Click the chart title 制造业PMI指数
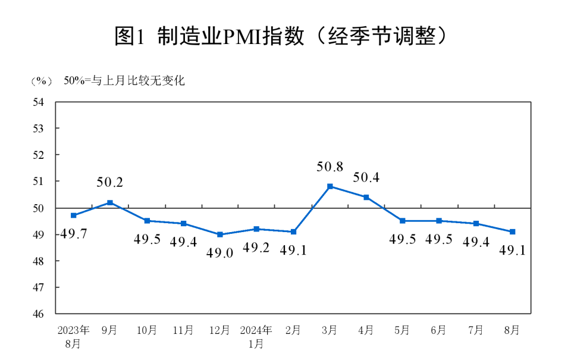click(280, 37)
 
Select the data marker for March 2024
click(330, 186)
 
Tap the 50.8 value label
click(330, 167)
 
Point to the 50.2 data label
click(110, 183)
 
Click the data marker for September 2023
click(110, 202)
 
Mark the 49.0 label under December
click(220, 252)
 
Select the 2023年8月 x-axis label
click(73, 336)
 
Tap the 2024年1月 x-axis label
click(256, 336)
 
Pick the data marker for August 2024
click(513, 231)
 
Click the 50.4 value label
click(366, 177)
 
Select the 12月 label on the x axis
click(220, 330)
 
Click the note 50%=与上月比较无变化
click(124, 81)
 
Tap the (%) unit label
click(41, 81)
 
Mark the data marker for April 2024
click(366, 197)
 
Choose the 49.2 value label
click(256, 248)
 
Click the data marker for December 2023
click(220, 234)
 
